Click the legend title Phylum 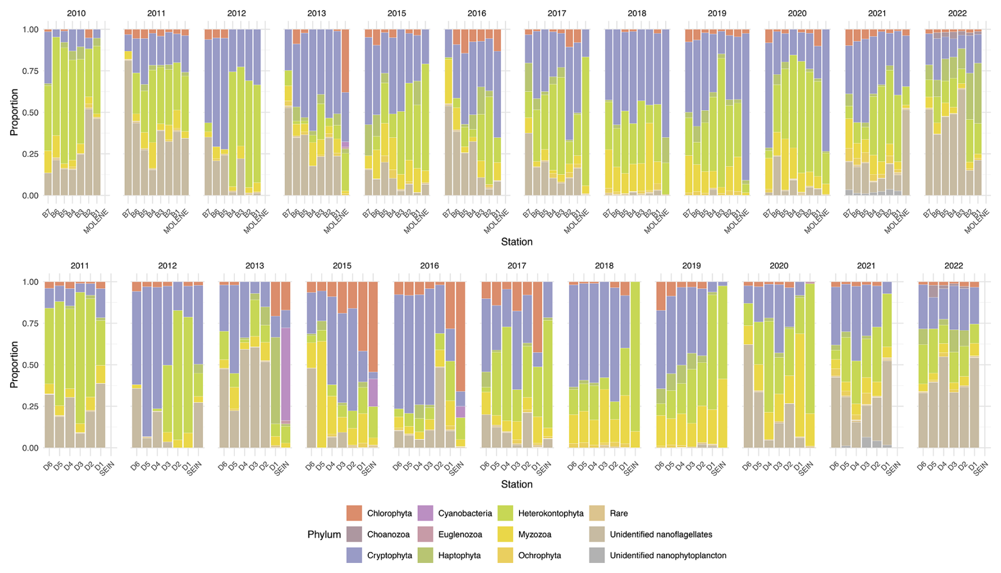[324, 534]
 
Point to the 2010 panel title [76, 13]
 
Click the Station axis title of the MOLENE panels [516, 242]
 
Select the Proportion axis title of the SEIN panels [14, 365]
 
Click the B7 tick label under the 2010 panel [47, 214]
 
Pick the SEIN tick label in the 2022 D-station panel [980, 469]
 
